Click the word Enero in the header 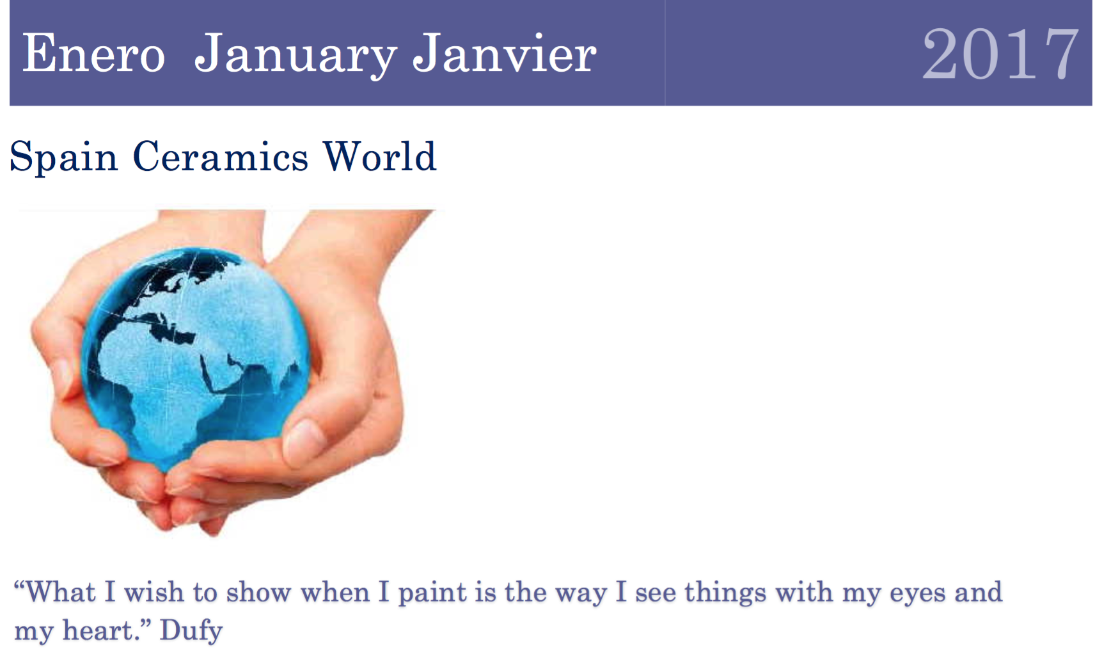click(x=93, y=54)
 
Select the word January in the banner click(x=295, y=55)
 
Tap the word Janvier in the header click(x=504, y=54)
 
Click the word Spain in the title click(x=64, y=157)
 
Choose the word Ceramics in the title click(x=220, y=157)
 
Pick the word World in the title click(x=379, y=157)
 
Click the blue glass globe click(x=195, y=358)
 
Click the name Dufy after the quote click(x=191, y=630)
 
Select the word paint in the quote click(x=432, y=593)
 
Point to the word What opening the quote click(x=61, y=593)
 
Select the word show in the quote click(x=258, y=593)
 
